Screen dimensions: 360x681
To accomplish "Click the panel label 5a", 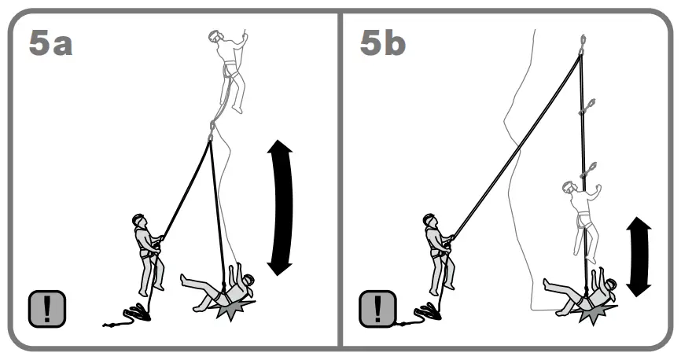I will (50, 43).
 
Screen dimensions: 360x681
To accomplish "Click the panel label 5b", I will (383, 43).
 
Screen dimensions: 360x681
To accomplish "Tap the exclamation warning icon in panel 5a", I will (47, 308).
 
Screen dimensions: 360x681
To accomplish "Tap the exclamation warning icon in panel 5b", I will (378, 308).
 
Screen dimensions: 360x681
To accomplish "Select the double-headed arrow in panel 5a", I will (280, 208).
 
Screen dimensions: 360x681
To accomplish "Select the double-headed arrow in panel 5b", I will (639, 258).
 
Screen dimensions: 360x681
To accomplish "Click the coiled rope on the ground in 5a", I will (131, 316).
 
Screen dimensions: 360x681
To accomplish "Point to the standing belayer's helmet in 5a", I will (139, 221).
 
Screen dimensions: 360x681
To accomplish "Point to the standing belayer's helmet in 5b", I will (430, 221).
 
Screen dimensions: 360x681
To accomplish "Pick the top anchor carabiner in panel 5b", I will (582, 43).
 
